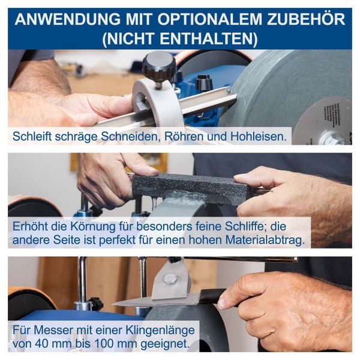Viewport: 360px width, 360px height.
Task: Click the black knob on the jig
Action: pos(158,63)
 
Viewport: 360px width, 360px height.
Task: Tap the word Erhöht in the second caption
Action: pos(33,227)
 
